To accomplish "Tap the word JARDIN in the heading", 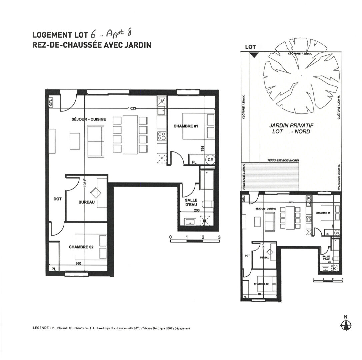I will tap(138, 45).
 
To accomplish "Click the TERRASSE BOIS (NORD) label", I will tap(283, 161).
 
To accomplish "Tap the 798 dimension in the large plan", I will tap(202, 149).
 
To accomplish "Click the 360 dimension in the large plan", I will tap(78, 264).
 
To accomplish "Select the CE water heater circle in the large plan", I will tap(210, 159).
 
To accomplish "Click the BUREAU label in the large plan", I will tap(86, 202).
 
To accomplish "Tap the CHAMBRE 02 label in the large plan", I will tap(81, 247).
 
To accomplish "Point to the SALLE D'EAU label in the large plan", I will tap(191, 202).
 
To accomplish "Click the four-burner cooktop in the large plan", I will tap(162, 136).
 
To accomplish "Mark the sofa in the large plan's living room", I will tap(96, 141).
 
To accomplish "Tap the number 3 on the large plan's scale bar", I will tap(219, 237).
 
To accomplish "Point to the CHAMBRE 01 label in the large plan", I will tap(186, 126).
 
